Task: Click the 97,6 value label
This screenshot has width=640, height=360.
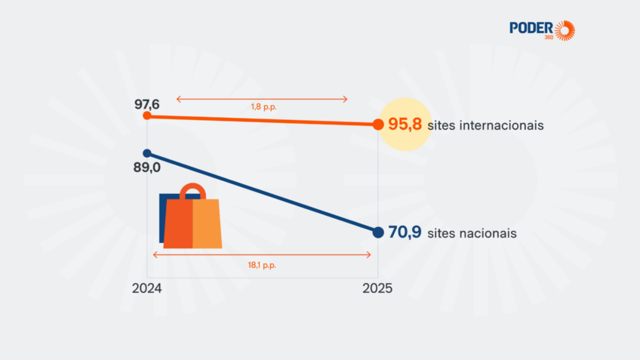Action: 147,104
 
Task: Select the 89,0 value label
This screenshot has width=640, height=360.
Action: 147,168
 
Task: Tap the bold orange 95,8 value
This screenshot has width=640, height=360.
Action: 405,124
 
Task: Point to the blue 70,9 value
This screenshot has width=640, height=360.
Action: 405,232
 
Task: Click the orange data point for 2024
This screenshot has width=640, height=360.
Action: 147,116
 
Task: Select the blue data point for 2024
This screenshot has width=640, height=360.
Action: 147,153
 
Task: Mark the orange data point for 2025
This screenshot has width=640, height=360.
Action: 378,125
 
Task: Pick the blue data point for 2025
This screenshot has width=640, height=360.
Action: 378,232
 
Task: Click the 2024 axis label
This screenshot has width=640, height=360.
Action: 147,288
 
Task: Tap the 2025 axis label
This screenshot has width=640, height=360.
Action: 377,288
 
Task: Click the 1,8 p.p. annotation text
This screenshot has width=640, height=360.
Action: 263,107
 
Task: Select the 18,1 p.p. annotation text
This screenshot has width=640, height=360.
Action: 262,266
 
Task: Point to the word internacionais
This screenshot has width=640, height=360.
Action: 502,125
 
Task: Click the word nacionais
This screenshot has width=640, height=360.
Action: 488,233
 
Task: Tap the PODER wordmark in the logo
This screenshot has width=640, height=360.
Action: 531,28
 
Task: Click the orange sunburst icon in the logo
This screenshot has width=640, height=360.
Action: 565,31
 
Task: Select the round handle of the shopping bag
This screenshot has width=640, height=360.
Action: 192,189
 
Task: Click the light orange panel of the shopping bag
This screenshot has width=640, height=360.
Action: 207,223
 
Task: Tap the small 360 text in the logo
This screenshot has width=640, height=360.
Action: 549,37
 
